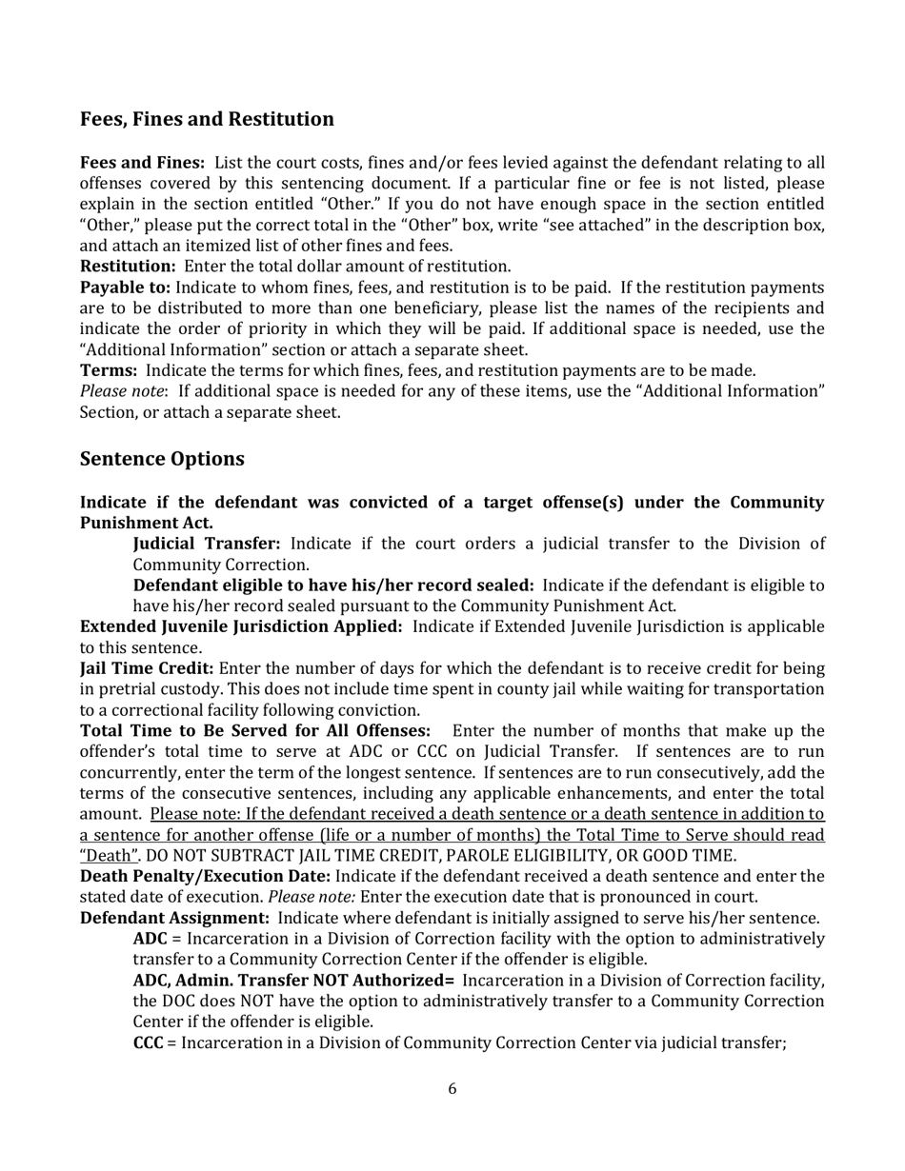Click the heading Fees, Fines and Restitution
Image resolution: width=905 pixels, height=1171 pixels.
207,119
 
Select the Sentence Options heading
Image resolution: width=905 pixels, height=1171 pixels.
162,459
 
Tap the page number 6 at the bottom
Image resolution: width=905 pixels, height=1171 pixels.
452,1089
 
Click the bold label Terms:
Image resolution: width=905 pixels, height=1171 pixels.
109,370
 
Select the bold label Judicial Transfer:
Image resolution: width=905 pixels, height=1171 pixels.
206,543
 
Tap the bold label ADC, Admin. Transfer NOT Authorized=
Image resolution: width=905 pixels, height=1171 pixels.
292,981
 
